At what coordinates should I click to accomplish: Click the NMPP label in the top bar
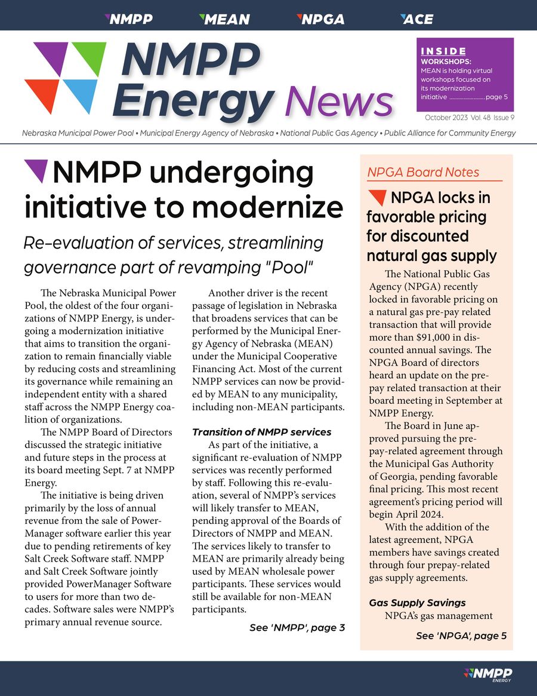(128, 19)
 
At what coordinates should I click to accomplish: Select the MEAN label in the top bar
(224, 19)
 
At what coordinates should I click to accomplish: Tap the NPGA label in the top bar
(320, 19)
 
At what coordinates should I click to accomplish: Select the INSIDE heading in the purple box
(443, 51)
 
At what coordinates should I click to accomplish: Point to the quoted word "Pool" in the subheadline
(291, 267)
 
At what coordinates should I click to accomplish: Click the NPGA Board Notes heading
(422, 173)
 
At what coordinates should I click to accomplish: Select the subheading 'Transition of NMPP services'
(261, 432)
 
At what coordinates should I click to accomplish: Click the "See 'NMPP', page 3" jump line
(297, 627)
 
